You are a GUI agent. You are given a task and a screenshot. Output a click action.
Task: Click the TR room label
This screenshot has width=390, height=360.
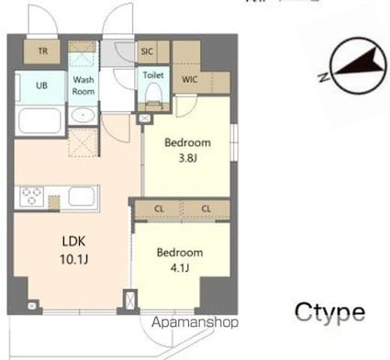(43, 51)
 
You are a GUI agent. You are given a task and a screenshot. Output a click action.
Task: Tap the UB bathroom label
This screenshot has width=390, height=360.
(41, 85)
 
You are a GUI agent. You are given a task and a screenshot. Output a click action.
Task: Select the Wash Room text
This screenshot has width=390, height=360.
(84, 85)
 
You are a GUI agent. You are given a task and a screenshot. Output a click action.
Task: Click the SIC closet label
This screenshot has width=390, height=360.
(147, 51)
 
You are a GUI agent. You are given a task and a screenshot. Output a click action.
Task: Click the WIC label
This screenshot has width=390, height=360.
(189, 80)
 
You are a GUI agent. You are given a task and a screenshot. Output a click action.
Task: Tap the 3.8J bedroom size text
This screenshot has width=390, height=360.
(187, 158)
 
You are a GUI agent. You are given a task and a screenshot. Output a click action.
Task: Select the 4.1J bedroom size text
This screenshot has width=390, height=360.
(180, 268)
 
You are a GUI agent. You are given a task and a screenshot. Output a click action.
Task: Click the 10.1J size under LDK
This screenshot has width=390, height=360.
(74, 260)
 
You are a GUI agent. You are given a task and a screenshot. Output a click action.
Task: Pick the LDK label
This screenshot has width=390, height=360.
(73, 242)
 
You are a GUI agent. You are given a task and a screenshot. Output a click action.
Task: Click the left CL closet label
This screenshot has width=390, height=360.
(159, 209)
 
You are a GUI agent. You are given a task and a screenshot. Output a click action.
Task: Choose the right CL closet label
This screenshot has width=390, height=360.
(206, 209)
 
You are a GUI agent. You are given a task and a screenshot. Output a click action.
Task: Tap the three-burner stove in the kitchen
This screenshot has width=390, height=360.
(31, 197)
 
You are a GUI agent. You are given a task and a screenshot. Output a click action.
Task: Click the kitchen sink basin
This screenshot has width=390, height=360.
(82, 197)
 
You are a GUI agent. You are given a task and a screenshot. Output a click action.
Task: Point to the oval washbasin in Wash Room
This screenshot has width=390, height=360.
(83, 116)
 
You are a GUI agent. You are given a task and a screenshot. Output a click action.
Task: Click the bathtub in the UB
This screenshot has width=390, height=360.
(39, 120)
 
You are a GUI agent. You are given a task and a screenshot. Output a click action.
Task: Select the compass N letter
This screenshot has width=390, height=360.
(323, 77)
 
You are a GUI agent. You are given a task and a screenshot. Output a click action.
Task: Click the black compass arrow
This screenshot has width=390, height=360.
(359, 63)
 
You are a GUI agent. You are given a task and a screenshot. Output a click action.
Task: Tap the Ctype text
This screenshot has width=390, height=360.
(329, 312)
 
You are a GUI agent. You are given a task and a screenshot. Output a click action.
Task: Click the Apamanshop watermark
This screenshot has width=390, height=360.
(195, 322)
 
